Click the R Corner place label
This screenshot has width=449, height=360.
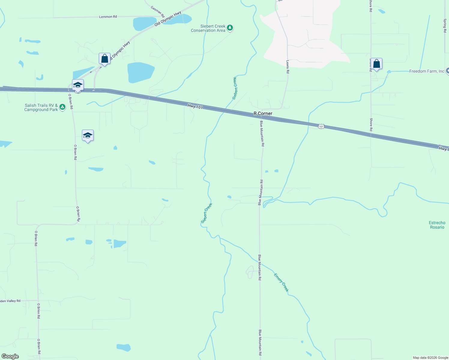coord(263,113)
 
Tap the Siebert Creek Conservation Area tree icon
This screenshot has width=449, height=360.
coord(230,28)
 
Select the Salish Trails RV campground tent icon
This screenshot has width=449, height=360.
coord(62,107)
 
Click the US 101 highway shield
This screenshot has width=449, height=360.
coord(321,127)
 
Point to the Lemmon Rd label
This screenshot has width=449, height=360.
coord(108,17)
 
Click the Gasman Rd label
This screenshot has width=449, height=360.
coord(158,11)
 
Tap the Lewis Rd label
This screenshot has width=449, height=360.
coord(288,67)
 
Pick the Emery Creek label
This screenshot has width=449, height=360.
coord(281,282)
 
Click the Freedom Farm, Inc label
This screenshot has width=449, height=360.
coord(426,71)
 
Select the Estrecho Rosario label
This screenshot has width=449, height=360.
coord(437,225)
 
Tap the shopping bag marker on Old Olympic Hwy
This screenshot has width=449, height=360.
coord(104,58)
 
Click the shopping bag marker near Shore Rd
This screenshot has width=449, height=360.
coord(376,64)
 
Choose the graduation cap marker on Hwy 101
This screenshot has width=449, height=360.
coord(78,85)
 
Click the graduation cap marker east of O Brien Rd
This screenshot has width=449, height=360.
coord(88,136)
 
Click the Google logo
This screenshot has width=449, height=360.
coord(10,356)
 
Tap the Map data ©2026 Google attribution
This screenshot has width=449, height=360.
coord(430,358)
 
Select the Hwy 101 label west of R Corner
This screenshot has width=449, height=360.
coord(195,106)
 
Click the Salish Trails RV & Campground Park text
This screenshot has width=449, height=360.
coord(41,107)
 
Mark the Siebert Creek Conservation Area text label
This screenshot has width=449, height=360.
coord(208,28)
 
